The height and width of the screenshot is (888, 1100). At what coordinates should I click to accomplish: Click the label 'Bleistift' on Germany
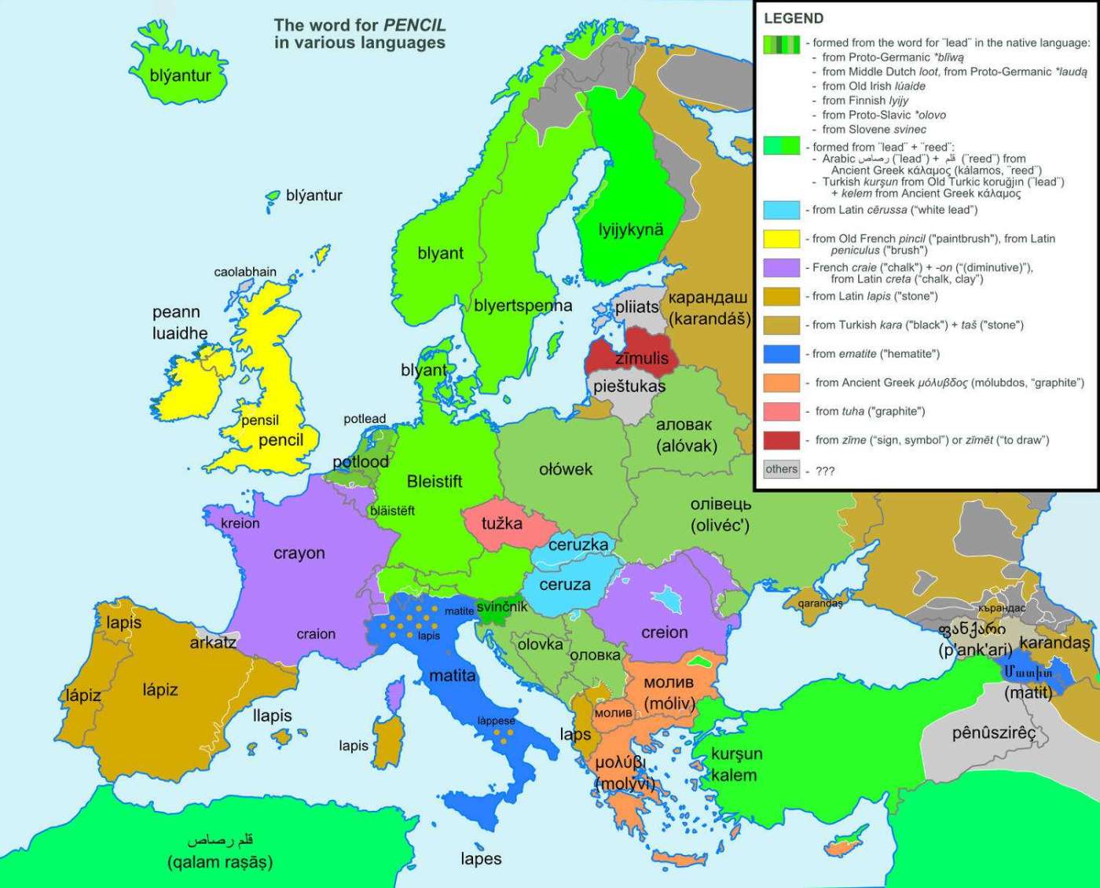[x=434, y=482]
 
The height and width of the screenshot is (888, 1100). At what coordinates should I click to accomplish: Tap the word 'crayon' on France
[x=299, y=553]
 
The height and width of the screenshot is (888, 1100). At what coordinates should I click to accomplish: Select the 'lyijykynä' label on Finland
[x=630, y=230]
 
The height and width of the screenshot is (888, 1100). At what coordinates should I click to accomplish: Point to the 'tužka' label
[x=501, y=523]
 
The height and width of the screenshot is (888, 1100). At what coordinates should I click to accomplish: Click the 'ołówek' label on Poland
[x=566, y=469]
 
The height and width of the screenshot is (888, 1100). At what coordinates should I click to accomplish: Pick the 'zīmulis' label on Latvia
[x=641, y=358]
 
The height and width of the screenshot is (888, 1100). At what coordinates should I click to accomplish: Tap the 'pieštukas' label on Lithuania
[x=629, y=387]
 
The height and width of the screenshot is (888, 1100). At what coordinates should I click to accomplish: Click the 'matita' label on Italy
[x=452, y=675]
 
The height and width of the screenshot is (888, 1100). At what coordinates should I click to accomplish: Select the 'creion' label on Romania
[x=664, y=633]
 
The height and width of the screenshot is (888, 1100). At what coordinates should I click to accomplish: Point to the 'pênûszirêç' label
[x=994, y=733]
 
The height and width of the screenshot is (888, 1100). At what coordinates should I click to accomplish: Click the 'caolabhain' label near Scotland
[x=245, y=272]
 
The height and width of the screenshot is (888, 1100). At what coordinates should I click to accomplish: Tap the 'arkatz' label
[x=213, y=642]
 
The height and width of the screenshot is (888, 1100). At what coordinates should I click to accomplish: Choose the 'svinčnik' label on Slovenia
[x=501, y=607]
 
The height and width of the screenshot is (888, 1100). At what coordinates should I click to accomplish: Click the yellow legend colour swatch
[x=781, y=238]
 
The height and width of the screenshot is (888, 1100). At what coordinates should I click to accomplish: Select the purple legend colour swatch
[x=781, y=267]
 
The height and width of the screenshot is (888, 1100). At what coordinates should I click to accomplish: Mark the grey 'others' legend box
[x=781, y=469]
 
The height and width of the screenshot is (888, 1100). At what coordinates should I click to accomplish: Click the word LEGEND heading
[x=794, y=19]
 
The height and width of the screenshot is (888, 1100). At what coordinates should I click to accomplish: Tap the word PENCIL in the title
[x=414, y=25]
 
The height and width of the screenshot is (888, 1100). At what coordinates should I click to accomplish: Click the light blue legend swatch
[x=781, y=210]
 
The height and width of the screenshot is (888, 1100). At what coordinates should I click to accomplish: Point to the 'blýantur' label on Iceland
[x=180, y=75]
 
